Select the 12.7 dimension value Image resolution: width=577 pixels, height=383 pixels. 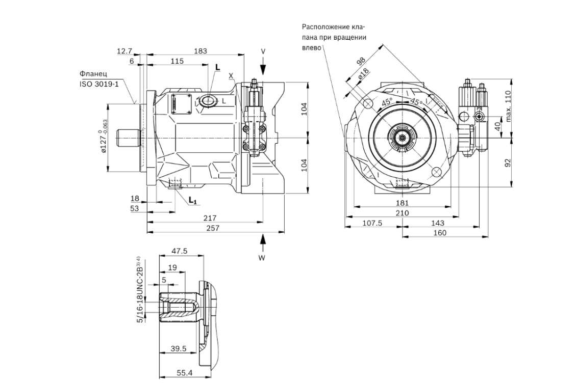[124, 50]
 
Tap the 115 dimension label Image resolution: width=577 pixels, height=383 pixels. [177, 61]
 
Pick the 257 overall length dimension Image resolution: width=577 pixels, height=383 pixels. [212, 228]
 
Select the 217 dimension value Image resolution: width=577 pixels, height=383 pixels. [209, 217]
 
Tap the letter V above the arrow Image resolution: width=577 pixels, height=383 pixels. [263, 51]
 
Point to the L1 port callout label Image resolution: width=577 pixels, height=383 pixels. [192, 201]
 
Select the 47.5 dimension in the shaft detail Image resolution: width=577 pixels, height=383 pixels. [180, 251]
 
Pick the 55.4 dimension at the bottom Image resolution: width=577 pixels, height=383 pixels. [184, 373]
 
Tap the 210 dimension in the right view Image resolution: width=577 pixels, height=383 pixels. [403, 212]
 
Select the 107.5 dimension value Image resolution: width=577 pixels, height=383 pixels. [372, 223]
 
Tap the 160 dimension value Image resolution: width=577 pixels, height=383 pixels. [439, 233]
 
